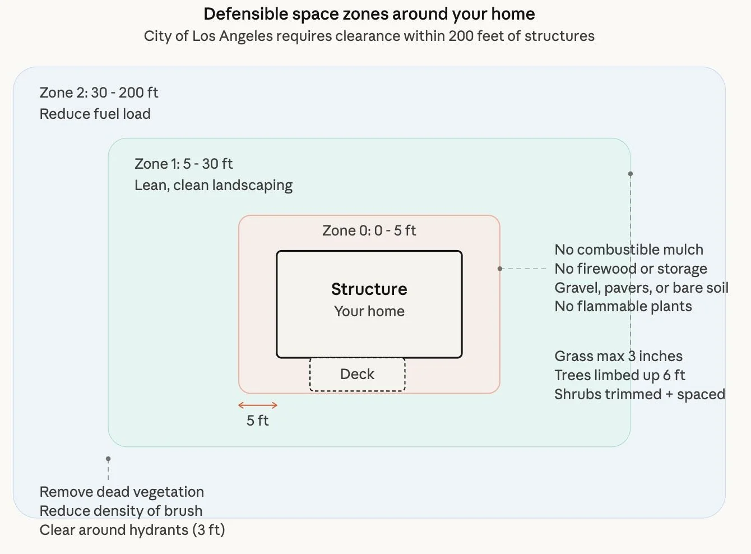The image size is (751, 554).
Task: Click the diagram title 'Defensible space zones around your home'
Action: point(369,14)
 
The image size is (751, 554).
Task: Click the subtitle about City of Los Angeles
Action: point(369,36)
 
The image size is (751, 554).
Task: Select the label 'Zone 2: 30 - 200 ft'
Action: point(99,93)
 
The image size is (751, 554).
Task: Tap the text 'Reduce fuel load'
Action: point(95,114)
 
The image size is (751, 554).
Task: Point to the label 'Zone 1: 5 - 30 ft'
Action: point(183,164)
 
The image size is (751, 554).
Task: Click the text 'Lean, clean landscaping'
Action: point(213,185)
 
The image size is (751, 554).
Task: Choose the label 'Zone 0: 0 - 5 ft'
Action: point(369,230)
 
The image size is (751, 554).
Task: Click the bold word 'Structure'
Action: point(369,289)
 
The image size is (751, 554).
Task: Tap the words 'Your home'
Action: point(369,311)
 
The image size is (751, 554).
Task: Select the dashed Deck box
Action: point(357,374)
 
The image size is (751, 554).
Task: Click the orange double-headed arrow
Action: point(258,405)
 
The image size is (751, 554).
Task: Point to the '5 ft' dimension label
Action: point(257,421)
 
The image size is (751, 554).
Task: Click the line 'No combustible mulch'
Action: point(628,250)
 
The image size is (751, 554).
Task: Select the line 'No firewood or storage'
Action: point(631,269)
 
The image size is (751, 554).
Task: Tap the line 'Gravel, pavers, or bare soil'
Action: point(641,288)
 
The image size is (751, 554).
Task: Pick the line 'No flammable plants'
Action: point(623,306)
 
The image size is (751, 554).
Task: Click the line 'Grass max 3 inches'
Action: point(618,356)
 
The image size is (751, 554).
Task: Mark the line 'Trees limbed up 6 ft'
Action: point(619,375)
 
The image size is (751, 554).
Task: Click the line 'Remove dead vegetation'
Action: point(122,492)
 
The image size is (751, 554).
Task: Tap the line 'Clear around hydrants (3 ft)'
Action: point(132,530)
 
